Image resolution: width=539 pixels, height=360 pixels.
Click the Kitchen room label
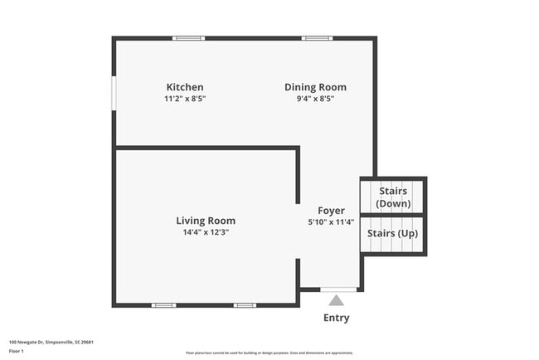tap(185, 87)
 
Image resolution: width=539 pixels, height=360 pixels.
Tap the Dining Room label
tap(315, 87)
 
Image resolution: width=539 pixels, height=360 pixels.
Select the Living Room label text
tap(206, 221)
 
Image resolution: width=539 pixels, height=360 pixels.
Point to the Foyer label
tap(331, 211)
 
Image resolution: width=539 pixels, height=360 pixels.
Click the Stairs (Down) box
tap(392, 197)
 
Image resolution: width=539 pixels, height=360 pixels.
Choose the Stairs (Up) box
tap(392, 234)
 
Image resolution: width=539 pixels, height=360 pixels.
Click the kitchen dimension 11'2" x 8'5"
tap(185, 99)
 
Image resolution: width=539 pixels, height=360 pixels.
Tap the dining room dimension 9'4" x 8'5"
tap(315, 99)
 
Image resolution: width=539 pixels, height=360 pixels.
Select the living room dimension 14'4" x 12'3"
tap(206, 232)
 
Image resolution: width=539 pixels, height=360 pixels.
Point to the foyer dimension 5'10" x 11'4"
tap(331, 222)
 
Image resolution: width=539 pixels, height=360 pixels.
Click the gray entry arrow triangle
tap(336, 300)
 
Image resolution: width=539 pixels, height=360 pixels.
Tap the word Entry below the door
tap(336, 318)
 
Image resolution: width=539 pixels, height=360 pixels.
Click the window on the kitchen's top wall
tap(189, 37)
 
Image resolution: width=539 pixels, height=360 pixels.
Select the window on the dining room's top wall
tap(317, 37)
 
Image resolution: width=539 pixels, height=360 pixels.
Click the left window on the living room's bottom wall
tap(163, 305)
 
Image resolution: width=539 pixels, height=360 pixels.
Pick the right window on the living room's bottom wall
tap(245, 305)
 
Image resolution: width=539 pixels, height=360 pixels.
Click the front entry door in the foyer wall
tap(338, 289)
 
